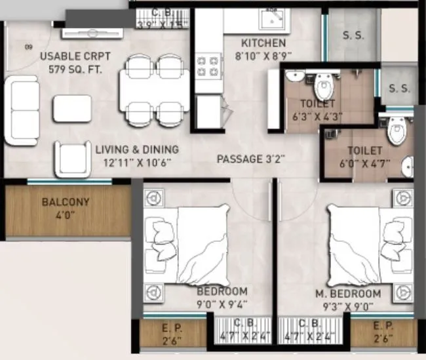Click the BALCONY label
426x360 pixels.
[66, 202]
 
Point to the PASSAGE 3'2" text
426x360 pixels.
[250, 159]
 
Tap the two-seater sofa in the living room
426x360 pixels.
[21, 110]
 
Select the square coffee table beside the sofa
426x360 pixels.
[72, 108]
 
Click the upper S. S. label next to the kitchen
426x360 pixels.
[353, 36]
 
